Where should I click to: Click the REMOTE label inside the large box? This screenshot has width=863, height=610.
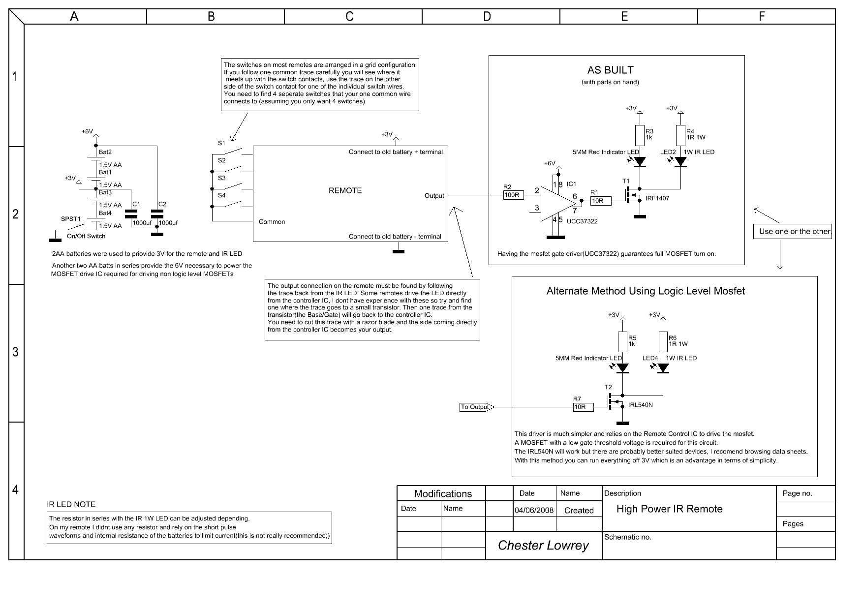[345, 190]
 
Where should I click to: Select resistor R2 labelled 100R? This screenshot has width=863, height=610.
[512, 195]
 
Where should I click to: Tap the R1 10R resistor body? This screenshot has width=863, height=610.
[600, 201]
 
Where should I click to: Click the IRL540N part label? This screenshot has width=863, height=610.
[640, 405]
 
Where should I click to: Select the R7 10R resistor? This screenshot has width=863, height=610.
[583, 407]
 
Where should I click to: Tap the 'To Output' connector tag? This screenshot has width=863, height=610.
[475, 407]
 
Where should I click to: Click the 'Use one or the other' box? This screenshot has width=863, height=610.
[792, 231]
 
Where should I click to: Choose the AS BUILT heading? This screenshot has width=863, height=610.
[610, 70]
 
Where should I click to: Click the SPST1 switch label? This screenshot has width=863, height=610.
[71, 218]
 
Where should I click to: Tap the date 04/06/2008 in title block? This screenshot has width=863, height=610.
[534, 510]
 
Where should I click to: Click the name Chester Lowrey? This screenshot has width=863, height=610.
[543, 545]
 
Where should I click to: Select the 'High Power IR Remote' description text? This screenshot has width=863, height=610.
[669, 509]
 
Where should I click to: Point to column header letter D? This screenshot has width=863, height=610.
[487, 17]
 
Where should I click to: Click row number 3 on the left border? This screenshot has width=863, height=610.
[16, 352]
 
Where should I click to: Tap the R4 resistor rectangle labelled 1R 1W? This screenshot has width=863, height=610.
[680, 135]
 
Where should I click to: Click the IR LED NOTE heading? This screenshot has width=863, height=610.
[71, 504]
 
